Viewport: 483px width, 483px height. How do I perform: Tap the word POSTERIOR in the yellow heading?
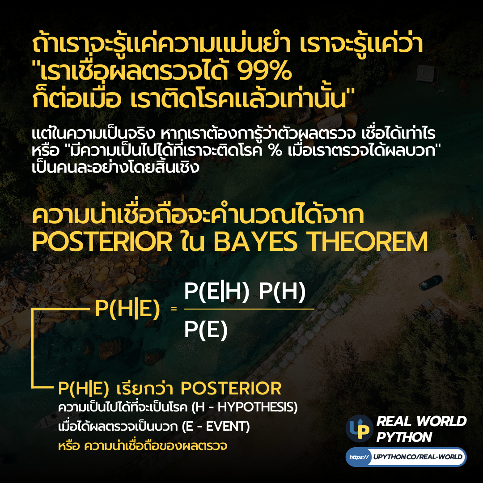(102, 242)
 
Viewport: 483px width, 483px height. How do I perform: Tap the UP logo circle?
(360, 428)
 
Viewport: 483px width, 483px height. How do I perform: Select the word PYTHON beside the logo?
(404, 437)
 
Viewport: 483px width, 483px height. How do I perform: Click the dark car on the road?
(428, 281)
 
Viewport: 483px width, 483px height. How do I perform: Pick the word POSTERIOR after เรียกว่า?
(231, 388)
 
